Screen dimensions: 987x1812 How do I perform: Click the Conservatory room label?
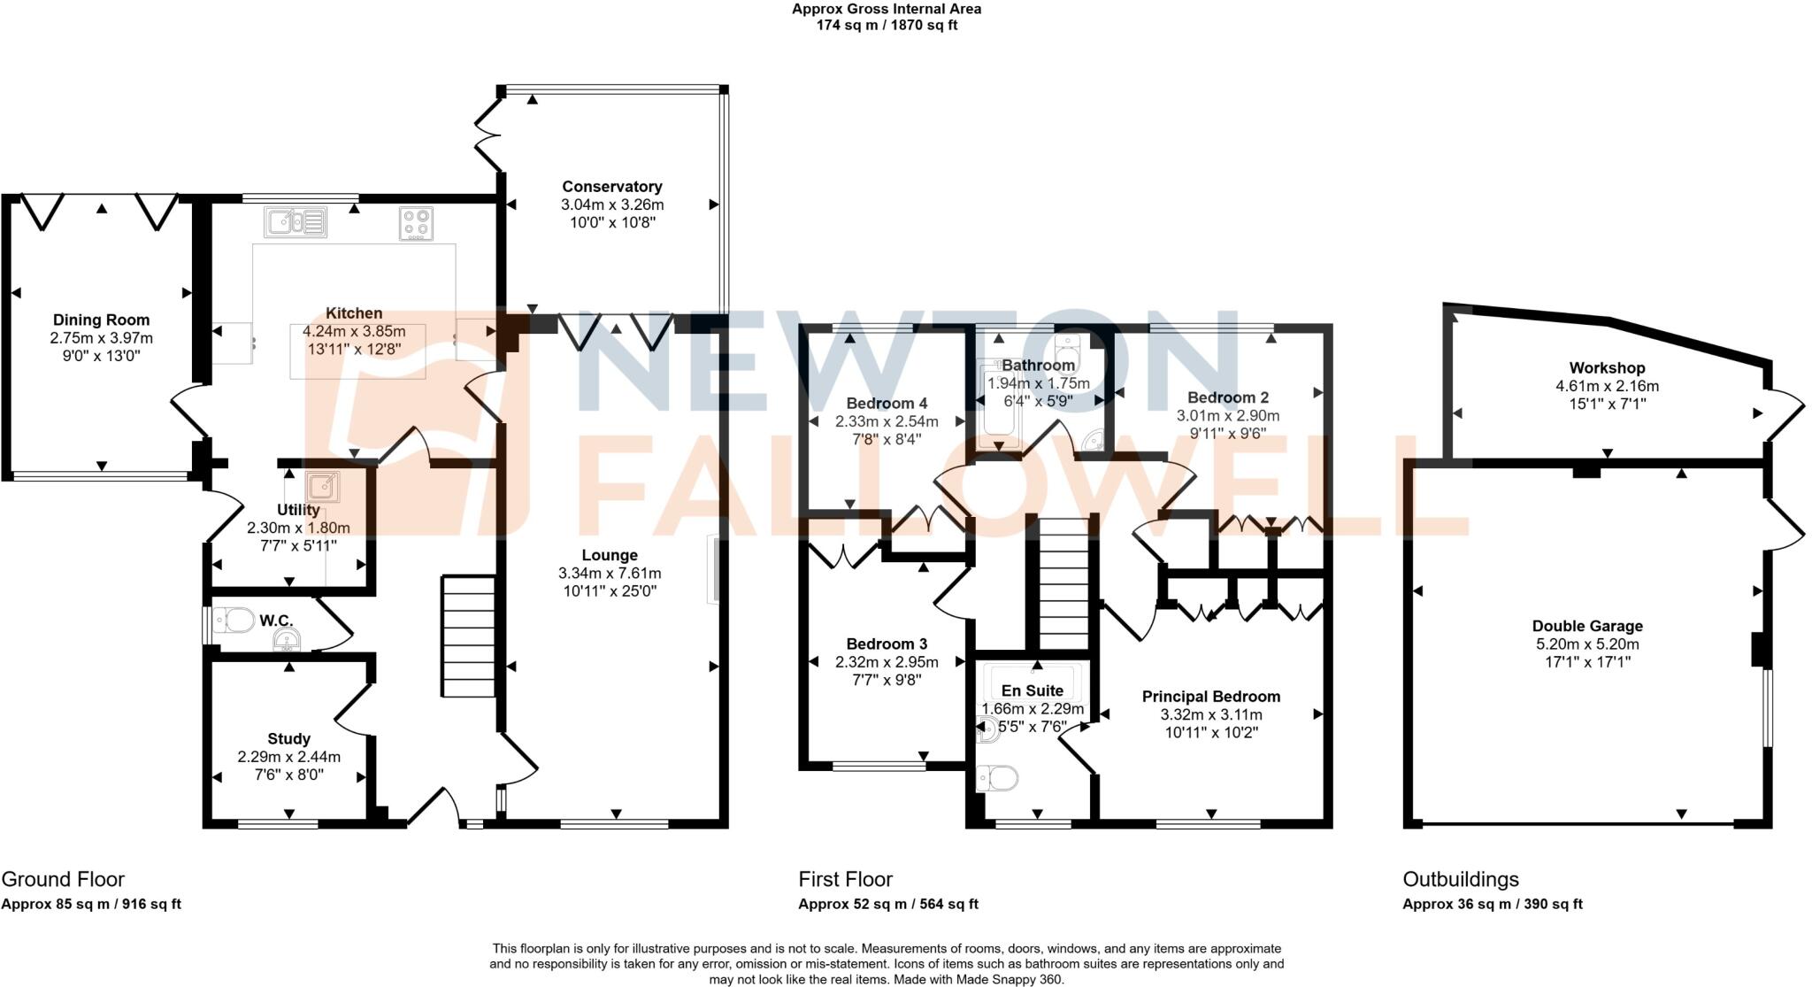click(611, 187)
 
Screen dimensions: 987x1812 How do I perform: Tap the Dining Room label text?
click(101, 320)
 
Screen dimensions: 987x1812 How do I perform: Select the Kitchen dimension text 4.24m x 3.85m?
click(354, 331)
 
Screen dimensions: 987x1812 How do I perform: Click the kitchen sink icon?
click(296, 221)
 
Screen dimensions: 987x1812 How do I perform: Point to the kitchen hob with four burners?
click(416, 222)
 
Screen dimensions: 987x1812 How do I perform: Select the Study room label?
click(288, 739)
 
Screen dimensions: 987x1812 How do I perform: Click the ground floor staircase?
click(467, 636)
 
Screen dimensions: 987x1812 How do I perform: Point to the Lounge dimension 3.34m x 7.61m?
click(610, 574)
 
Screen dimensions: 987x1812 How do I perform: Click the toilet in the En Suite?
click(998, 779)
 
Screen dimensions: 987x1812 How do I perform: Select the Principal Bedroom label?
click(1210, 697)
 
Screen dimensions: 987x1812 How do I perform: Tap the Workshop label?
click(1607, 368)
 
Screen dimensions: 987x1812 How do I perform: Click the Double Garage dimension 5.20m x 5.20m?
click(1587, 644)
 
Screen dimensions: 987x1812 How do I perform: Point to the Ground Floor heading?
click(63, 879)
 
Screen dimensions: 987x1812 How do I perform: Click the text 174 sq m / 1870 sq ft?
click(886, 26)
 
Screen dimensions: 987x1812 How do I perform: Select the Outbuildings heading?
click(1460, 879)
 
